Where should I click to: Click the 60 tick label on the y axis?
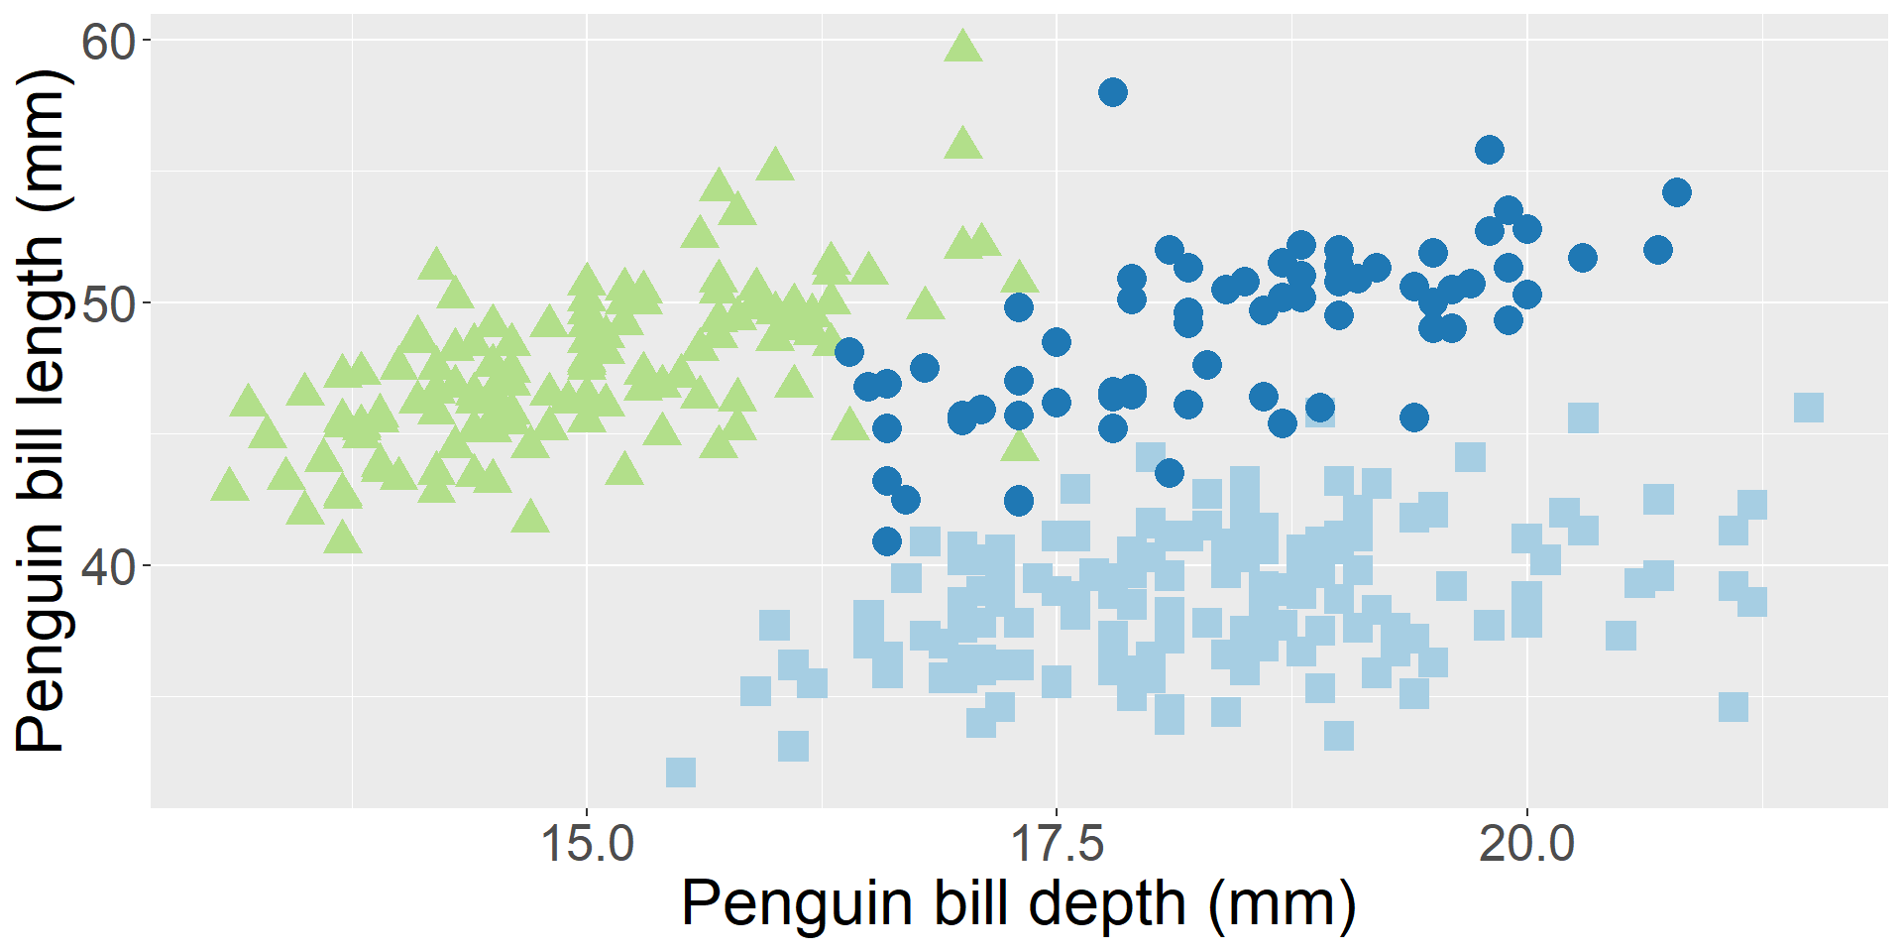(x=108, y=42)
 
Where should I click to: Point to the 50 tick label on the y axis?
(x=108, y=304)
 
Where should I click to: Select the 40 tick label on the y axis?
(x=108, y=567)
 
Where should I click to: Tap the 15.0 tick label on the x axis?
(x=587, y=845)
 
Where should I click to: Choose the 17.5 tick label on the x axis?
(x=1057, y=845)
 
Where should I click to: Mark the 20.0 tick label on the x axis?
(x=1526, y=845)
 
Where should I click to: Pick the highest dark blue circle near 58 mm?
(x=1113, y=92)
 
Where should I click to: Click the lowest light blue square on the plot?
(x=681, y=773)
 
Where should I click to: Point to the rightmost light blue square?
(x=1809, y=408)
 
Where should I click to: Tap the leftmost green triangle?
(x=230, y=486)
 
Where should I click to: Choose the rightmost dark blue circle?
(x=1677, y=192)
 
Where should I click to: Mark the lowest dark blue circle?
(x=887, y=541)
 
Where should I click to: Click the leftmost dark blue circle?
(x=849, y=352)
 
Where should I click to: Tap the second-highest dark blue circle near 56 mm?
(x=1490, y=150)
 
